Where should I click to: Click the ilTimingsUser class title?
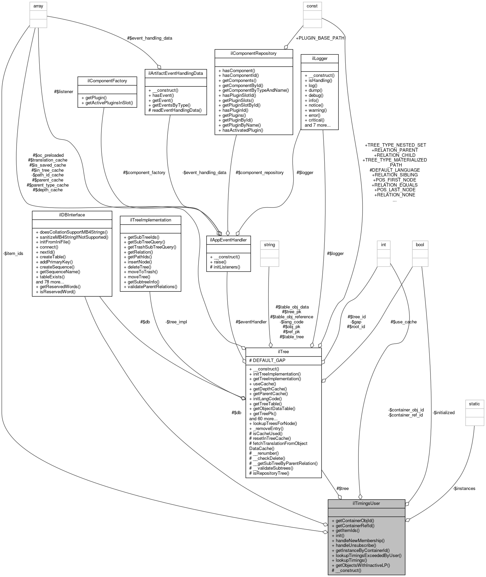(x=366, y=503)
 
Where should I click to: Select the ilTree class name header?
(x=283, y=351)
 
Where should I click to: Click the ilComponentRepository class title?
(x=254, y=53)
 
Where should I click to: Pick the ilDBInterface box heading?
(x=72, y=215)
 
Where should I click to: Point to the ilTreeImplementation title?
(x=151, y=220)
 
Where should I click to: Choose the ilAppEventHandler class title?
(x=228, y=240)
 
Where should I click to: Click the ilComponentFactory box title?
(x=107, y=81)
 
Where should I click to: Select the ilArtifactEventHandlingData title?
(x=175, y=73)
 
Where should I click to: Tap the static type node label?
(x=474, y=404)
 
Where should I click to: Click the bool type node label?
(x=420, y=244)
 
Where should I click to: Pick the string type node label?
(x=270, y=244)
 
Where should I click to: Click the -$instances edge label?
(x=464, y=488)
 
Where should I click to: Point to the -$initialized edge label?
(x=443, y=412)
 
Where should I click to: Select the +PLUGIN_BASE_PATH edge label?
(x=320, y=38)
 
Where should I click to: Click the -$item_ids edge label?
(x=13, y=253)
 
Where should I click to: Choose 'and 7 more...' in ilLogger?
(x=318, y=125)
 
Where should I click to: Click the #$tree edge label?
(x=342, y=488)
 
